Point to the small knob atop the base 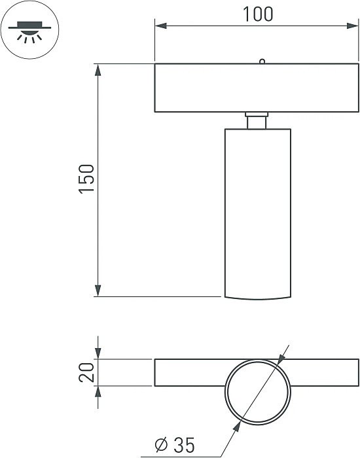(261, 62)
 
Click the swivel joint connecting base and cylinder (257, 120)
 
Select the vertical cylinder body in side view (257, 209)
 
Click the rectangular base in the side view (257, 87)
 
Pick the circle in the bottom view (257, 391)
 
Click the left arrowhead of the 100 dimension (160, 26)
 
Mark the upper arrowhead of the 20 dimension (98, 354)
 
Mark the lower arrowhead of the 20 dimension (98, 391)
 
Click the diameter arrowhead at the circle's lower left (234, 423)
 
